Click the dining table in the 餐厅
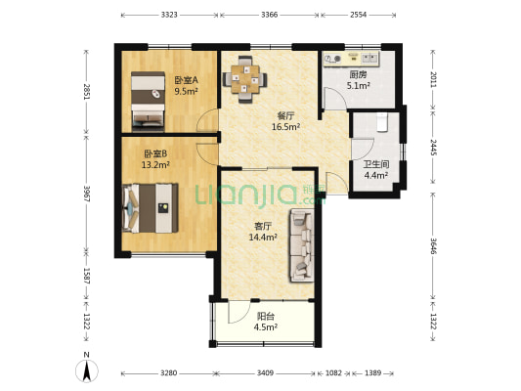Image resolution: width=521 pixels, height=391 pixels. tap(245, 80)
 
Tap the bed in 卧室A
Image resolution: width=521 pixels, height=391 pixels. tap(148, 102)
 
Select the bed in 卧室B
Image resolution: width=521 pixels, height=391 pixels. tap(151, 208)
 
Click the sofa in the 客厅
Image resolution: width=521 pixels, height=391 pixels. tap(302, 245)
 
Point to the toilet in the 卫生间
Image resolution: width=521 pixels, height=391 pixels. tap(382, 123)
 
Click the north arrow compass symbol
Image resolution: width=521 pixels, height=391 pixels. tap(87, 370)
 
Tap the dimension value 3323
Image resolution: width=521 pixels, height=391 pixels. tap(169, 15)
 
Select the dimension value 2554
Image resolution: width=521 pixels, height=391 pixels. tap(358, 15)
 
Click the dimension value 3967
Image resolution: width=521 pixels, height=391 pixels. tap(87, 194)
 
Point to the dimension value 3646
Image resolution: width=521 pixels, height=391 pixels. tap(433, 246)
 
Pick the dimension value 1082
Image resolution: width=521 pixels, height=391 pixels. tap(333, 373)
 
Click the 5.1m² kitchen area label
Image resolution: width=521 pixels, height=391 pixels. tap(359, 86)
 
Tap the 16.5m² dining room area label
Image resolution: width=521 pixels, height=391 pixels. tap(286, 126)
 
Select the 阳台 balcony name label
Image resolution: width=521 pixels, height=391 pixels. tap(266, 316)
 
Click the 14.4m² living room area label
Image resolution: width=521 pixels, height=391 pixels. tap(263, 237)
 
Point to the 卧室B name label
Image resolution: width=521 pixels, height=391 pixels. tap(155, 153)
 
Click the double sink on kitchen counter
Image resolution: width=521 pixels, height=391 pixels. tap(369, 58)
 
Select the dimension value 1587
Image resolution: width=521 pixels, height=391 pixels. tap(87, 276)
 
